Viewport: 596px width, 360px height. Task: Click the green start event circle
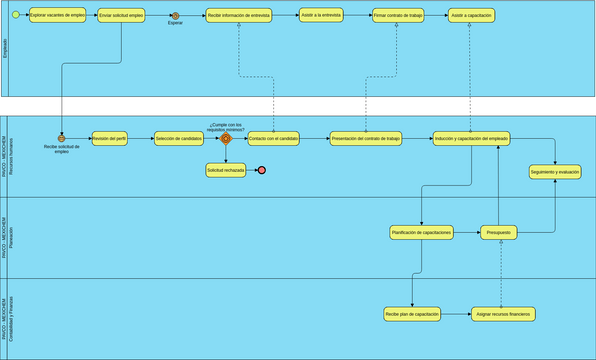[x=14, y=16]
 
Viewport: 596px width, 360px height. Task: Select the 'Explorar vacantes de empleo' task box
[x=57, y=16]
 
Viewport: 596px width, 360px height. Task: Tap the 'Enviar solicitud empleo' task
[x=122, y=16]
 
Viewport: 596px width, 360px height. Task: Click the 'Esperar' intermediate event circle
[x=175, y=16]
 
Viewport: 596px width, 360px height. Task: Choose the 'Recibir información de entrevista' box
[x=238, y=16]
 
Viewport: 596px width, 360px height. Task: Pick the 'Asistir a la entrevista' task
[x=320, y=16]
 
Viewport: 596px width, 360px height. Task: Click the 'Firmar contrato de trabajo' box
[x=397, y=16]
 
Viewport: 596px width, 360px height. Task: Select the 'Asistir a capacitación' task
[x=470, y=16]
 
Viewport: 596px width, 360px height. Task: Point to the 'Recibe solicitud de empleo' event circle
[x=61, y=139]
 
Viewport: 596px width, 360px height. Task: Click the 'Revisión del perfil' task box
[x=109, y=139]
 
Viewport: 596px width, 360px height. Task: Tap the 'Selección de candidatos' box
[x=179, y=139]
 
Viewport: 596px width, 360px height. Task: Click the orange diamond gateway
[x=226, y=139]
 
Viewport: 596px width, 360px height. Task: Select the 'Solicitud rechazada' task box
[x=226, y=171]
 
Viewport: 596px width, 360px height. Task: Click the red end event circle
[x=261, y=171]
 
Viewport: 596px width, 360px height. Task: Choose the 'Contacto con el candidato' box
[x=273, y=139]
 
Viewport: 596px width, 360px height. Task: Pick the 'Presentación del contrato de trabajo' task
[x=365, y=139]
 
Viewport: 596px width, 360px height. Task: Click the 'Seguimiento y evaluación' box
[x=555, y=172]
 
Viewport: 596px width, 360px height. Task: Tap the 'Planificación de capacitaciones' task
[x=421, y=232]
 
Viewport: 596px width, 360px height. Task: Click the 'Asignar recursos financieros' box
[x=503, y=314]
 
